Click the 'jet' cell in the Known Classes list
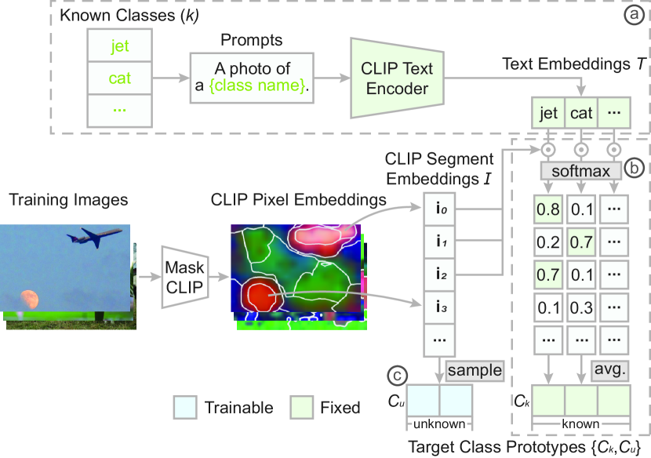[x=119, y=48]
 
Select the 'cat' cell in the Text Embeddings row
[x=581, y=114]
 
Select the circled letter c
[x=398, y=376]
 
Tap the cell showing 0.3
[x=581, y=306]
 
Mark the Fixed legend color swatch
[x=303, y=408]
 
